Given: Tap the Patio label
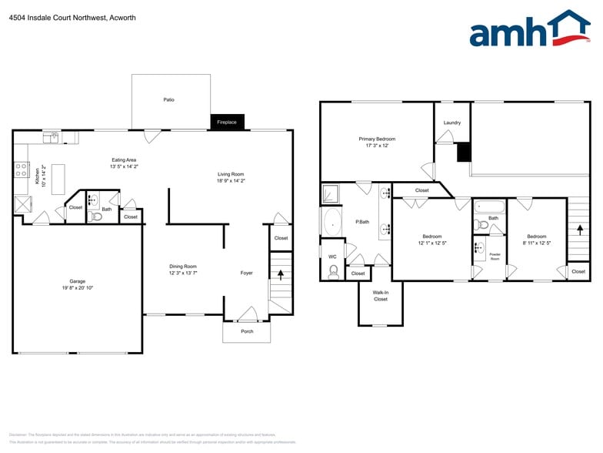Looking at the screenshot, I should (168, 99).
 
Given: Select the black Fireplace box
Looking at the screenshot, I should (227, 122).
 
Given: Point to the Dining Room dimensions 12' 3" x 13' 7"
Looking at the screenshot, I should (183, 273).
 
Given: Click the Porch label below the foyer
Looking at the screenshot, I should (247, 331).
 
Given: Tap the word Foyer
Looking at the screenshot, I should (246, 273).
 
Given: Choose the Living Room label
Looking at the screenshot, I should (231, 174).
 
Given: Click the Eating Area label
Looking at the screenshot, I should (124, 160).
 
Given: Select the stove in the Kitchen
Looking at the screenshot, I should (22, 170).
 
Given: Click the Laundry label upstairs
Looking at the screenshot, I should (452, 122).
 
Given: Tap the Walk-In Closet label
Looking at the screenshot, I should (381, 296).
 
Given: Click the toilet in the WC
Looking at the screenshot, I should (334, 271).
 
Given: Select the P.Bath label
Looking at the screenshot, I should (362, 222).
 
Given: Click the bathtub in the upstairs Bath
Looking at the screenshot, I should (490, 206).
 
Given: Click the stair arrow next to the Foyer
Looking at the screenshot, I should (281, 274).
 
